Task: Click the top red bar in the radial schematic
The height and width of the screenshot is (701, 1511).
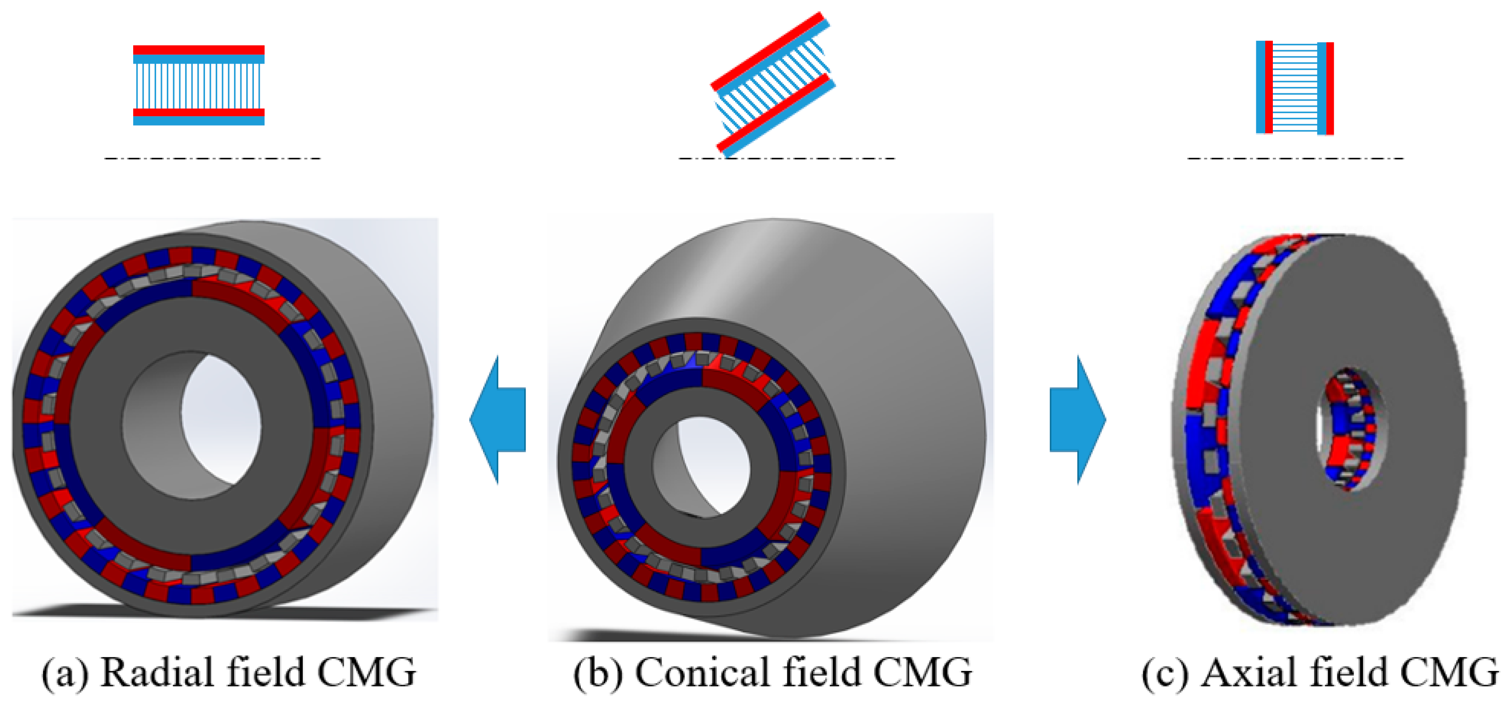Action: coord(198,50)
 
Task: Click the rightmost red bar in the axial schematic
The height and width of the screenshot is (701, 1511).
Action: coord(1330,88)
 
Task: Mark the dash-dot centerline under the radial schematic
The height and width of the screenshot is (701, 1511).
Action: coord(212,158)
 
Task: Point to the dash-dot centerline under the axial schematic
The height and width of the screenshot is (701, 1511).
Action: coord(1295,158)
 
